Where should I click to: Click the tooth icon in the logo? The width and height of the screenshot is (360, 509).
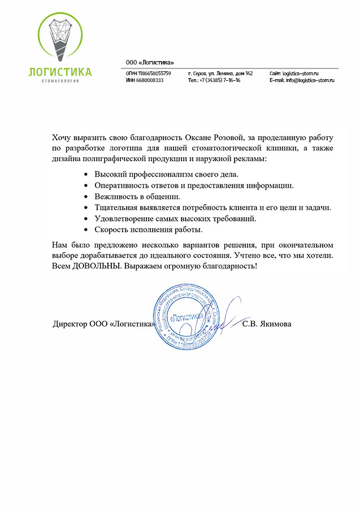60,37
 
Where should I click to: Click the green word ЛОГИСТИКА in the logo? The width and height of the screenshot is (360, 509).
60,72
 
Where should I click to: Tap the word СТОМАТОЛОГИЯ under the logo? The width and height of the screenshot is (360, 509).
60,81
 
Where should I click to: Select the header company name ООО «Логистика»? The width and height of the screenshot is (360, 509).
150,62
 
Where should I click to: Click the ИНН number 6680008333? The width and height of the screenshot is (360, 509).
150,81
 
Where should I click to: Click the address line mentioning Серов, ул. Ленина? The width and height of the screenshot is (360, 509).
220,74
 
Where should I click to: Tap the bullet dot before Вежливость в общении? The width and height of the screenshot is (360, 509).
85,197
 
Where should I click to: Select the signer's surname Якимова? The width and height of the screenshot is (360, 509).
275,325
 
